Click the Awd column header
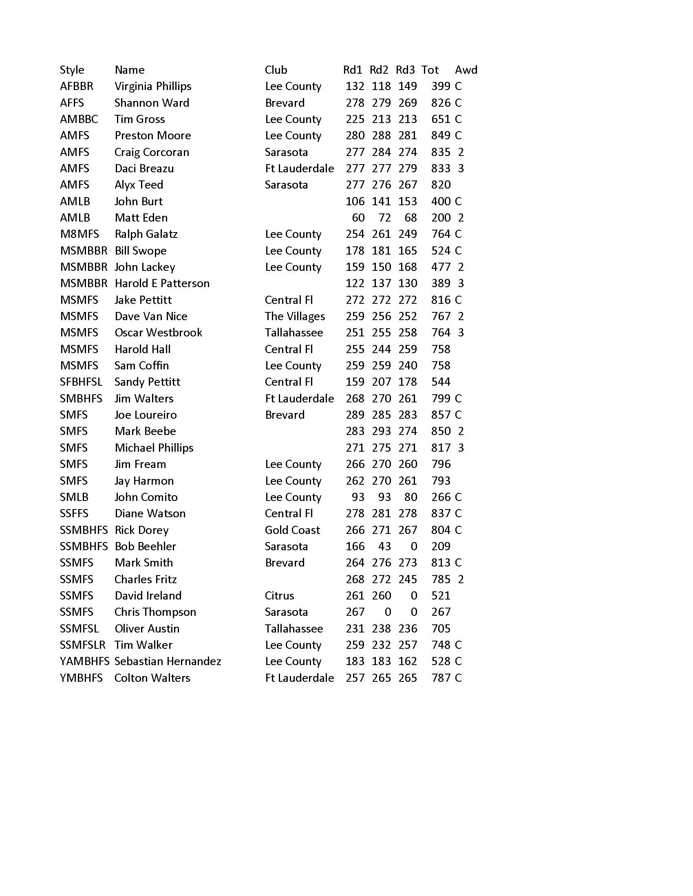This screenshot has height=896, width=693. click(x=466, y=70)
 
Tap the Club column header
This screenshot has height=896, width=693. click(x=276, y=70)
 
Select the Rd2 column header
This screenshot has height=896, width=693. click(x=379, y=70)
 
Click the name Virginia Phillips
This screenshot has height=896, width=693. click(x=153, y=86)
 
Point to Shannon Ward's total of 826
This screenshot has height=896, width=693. click(x=441, y=103)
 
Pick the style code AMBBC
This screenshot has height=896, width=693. click(x=79, y=119)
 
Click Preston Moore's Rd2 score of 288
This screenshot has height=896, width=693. click(x=381, y=135)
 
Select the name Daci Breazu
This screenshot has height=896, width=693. click(x=144, y=168)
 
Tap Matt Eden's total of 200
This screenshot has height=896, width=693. click(x=441, y=217)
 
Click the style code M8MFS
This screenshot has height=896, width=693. click(x=79, y=234)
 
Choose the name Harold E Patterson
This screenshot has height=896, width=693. click(x=162, y=283)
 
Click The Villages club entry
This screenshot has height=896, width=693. click(x=295, y=316)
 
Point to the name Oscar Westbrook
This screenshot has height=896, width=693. click(x=158, y=332)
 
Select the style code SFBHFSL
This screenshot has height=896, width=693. click(x=81, y=382)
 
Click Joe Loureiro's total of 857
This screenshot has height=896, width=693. click(x=441, y=415)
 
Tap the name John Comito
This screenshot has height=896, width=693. click(x=146, y=497)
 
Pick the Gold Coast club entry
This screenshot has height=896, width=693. click(x=292, y=529)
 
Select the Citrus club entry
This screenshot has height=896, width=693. click(x=279, y=595)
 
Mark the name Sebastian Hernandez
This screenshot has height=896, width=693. click(x=168, y=661)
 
